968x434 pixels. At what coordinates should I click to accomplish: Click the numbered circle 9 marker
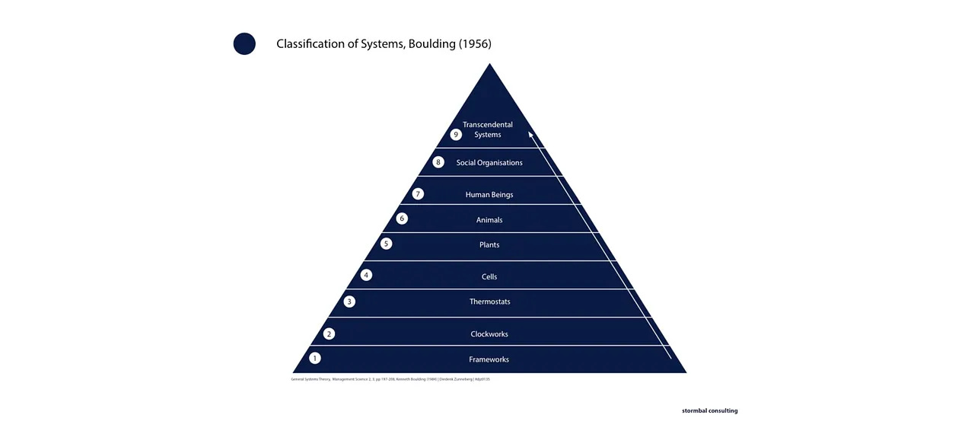tap(456, 135)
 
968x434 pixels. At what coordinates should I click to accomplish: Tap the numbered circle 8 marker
tap(438, 162)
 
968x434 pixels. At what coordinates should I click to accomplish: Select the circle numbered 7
tap(418, 194)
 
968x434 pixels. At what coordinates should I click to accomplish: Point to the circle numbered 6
tap(402, 219)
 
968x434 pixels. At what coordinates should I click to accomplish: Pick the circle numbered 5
tap(387, 244)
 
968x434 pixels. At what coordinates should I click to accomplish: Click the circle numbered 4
tap(366, 275)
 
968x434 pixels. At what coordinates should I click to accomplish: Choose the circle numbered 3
tap(349, 302)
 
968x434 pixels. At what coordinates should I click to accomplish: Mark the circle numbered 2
tap(329, 333)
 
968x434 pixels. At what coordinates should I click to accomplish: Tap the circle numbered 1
tap(315, 358)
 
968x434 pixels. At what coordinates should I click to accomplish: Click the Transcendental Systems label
tap(488, 129)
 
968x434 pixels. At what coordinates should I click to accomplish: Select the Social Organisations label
tap(489, 163)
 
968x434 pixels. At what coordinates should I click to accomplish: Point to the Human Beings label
tap(489, 195)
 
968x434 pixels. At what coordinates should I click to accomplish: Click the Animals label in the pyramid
tap(489, 220)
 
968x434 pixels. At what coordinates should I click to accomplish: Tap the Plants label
tap(489, 245)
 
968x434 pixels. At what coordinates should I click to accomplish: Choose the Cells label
tap(489, 277)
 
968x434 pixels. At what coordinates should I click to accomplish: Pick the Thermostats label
tap(489, 302)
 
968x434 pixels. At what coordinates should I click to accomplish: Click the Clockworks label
tap(489, 334)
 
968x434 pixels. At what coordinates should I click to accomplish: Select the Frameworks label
tap(489, 359)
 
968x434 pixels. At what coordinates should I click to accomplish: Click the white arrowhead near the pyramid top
tap(531, 135)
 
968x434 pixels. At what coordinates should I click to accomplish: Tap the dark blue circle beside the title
tap(244, 44)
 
